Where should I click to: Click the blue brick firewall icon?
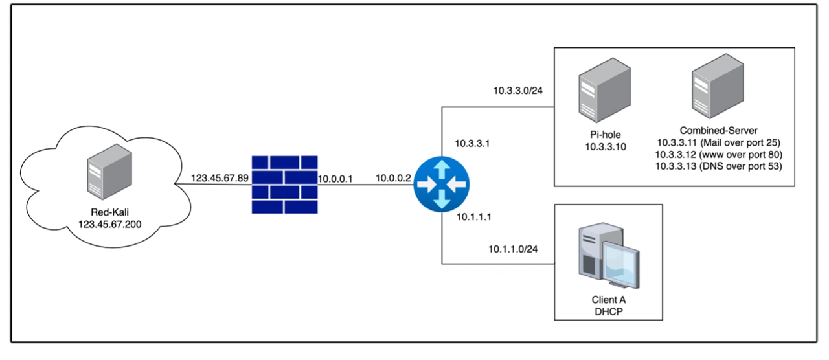(x=285, y=185)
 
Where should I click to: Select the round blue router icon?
(x=442, y=185)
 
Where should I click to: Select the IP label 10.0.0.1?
(x=335, y=179)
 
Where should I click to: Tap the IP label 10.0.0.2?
(x=393, y=178)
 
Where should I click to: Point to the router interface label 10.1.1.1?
(x=474, y=218)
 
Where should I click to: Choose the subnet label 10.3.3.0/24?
(x=517, y=91)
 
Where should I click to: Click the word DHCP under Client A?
(x=608, y=312)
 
